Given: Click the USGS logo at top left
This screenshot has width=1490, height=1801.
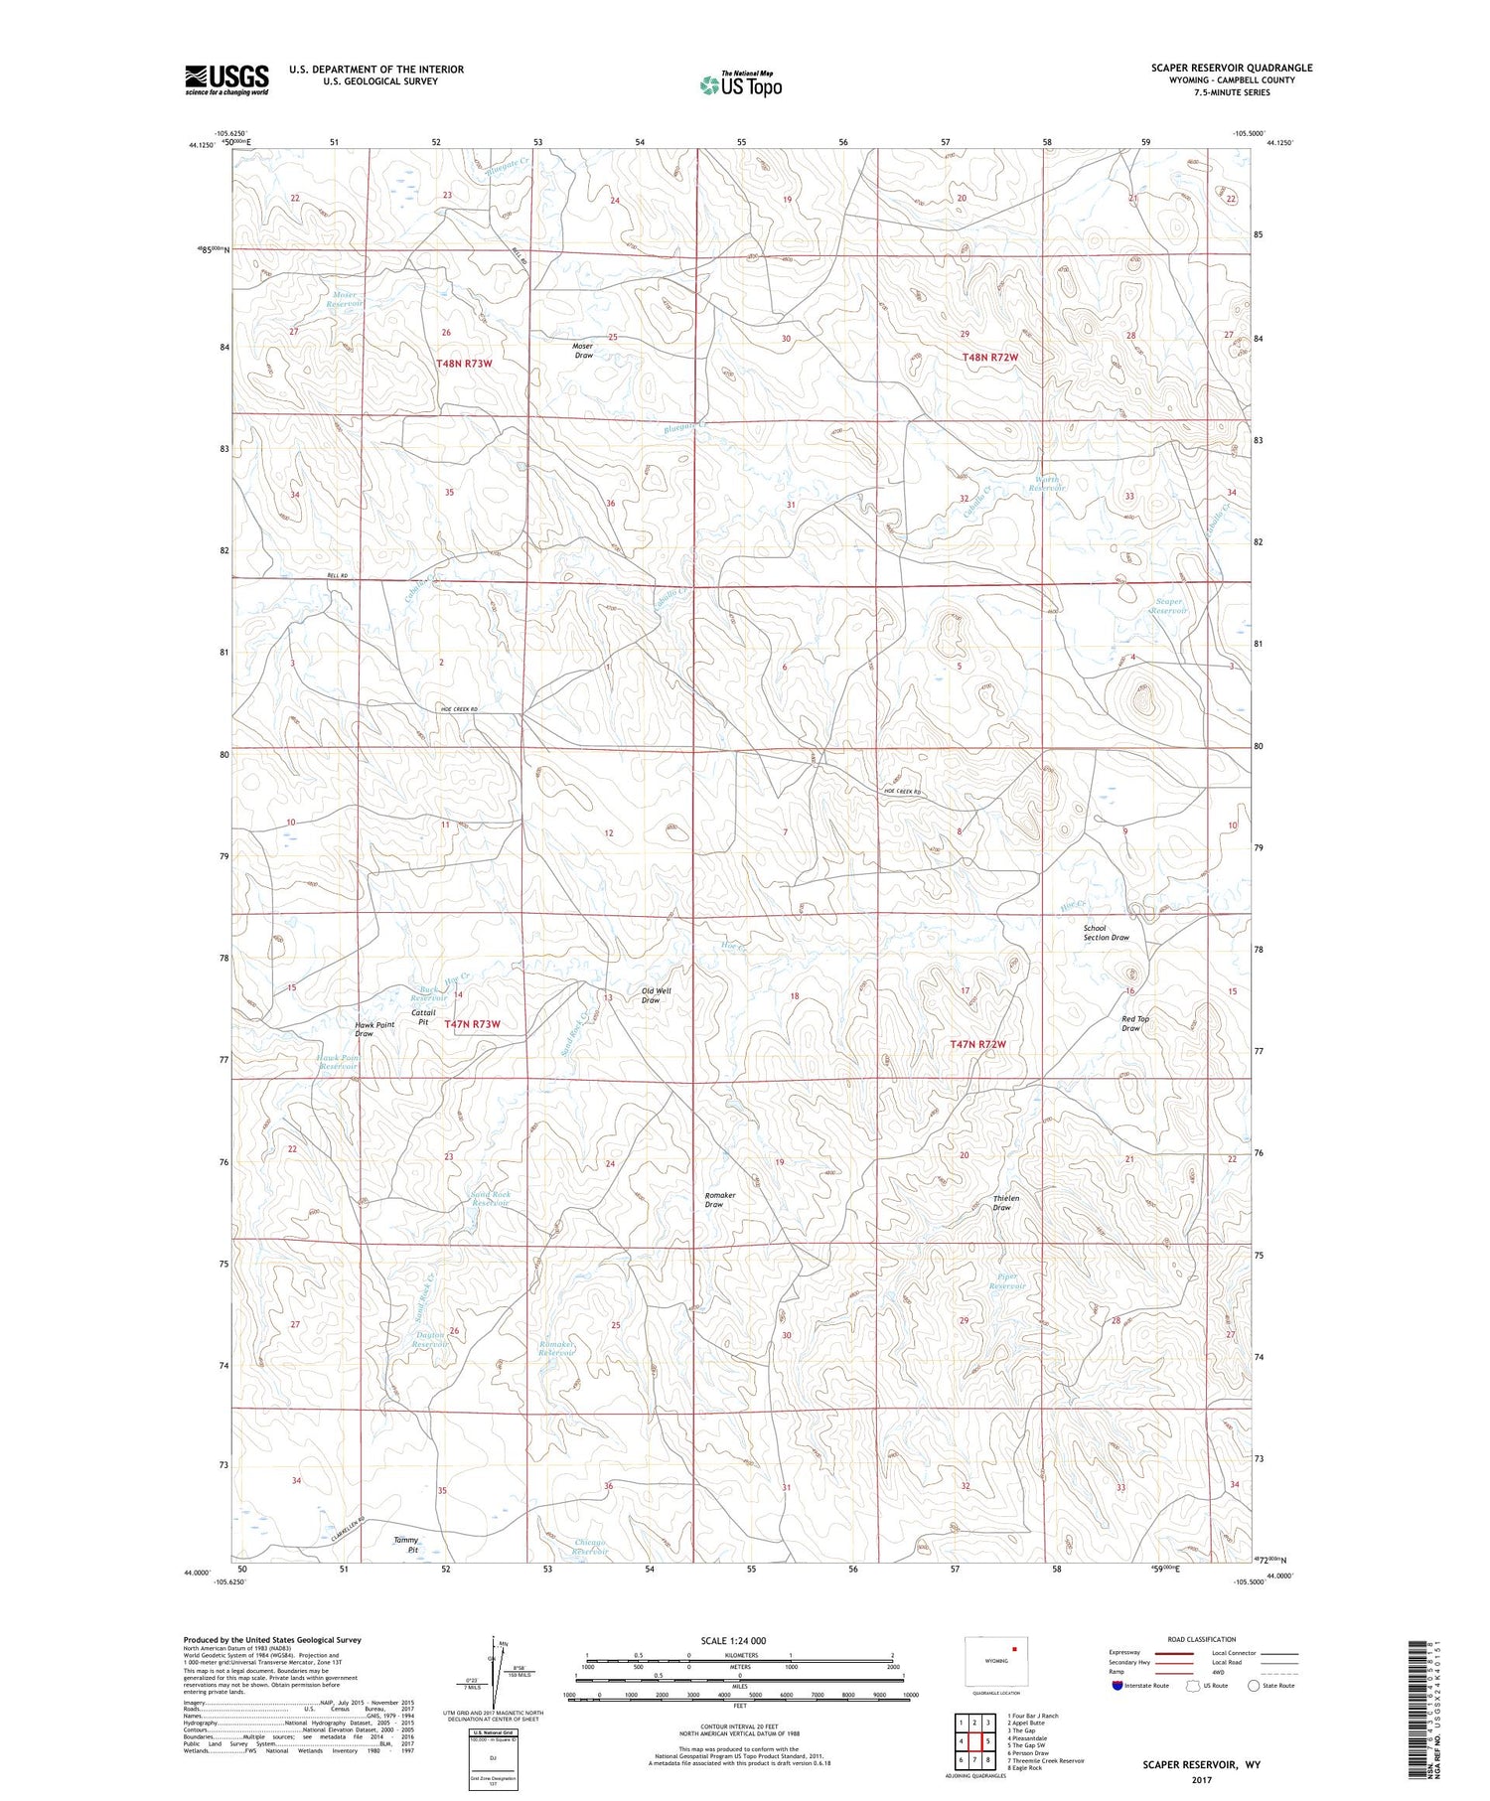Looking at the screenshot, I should [226, 79].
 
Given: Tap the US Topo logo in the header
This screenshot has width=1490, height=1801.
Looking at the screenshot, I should [741, 85].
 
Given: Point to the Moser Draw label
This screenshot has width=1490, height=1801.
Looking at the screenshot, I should [583, 351].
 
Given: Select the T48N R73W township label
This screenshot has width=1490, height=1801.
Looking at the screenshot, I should [464, 364].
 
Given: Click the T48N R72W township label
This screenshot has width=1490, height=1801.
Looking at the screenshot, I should [989, 357].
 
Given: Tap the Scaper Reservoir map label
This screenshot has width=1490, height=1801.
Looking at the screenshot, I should [1168, 606].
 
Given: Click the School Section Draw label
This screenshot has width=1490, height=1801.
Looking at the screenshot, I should [1106, 933].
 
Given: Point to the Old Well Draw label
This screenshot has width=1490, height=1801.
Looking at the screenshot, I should [656, 995].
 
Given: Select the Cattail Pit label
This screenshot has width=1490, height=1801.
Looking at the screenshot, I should [423, 1016].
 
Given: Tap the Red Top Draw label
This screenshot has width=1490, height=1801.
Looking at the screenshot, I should [1134, 1023].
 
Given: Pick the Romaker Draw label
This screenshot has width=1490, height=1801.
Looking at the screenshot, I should [720, 1200].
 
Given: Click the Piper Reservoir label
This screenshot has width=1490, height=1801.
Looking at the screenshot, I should [1006, 1281].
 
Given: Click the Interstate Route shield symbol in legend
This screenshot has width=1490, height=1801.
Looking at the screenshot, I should [1117, 1686].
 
